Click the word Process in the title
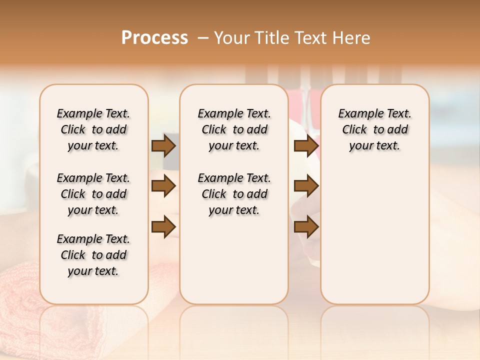(x=154, y=38)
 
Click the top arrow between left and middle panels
(x=163, y=146)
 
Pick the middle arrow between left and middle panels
(x=163, y=186)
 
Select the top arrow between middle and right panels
(x=306, y=146)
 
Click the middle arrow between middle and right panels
(x=306, y=186)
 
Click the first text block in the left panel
(x=93, y=129)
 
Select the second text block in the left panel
(x=93, y=194)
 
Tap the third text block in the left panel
(x=93, y=255)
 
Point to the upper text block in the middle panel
(x=234, y=129)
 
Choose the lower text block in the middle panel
(x=234, y=194)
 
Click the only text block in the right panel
(x=374, y=129)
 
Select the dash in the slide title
(x=202, y=38)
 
